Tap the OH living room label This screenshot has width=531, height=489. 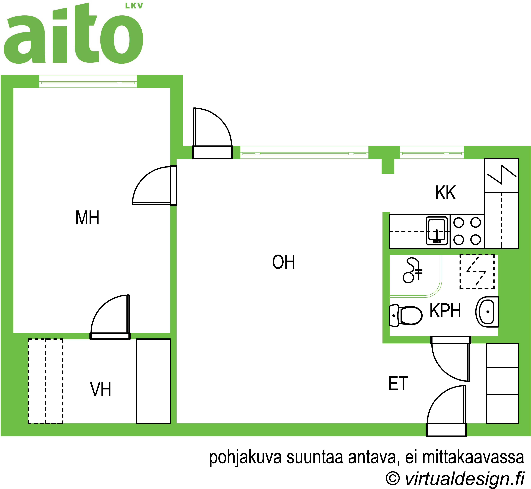coord(283,262)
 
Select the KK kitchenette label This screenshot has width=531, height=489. coord(446,193)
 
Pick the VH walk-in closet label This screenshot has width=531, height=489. coord(101,389)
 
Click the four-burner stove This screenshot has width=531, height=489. coord(467,231)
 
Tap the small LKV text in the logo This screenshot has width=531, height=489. coord(134,6)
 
